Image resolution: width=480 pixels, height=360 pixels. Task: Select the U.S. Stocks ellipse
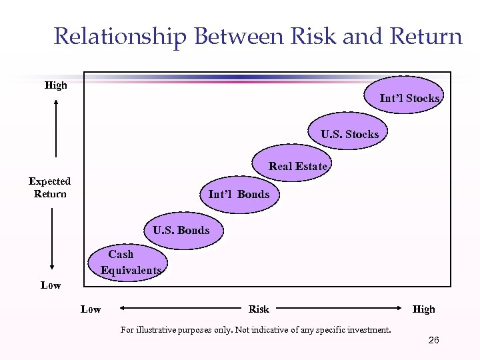[349, 134]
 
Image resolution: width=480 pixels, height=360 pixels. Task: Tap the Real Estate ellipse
[293, 166]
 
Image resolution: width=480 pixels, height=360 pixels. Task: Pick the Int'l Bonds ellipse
[239, 194]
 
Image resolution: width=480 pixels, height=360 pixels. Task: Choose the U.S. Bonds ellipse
[181, 230]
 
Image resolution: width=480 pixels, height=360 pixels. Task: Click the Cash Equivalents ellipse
[128, 262]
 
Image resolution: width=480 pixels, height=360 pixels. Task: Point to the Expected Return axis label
[49, 187]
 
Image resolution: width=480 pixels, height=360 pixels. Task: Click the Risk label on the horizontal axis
[259, 309]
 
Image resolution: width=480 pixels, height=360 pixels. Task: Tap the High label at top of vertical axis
[55, 85]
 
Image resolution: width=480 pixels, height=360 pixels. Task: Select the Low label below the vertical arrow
[51, 285]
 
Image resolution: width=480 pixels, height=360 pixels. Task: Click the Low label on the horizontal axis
[91, 309]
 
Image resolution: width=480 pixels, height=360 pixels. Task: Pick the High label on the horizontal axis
[423, 309]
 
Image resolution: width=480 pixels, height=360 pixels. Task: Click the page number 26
[433, 341]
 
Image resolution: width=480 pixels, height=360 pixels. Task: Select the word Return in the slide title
[425, 36]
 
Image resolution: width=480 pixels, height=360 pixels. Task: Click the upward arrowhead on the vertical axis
[56, 102]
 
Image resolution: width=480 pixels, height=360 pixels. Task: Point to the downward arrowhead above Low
[51, 267]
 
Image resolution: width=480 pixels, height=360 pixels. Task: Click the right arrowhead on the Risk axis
[403, 309]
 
